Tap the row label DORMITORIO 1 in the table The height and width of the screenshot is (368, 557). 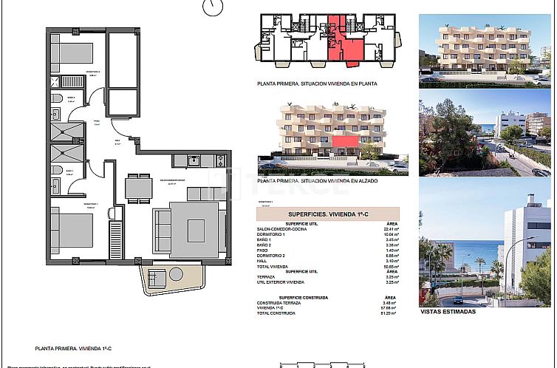click(272, 234)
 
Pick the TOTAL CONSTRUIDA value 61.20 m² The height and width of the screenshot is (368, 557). click(392, 314)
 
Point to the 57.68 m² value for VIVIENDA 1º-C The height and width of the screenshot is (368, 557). click(392, 309)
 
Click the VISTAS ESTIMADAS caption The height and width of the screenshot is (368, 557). click(448, 312)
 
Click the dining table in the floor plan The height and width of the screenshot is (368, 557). click(138, 186)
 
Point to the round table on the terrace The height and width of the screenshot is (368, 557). click(156, 279)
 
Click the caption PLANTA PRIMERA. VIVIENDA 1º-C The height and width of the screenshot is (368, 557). click(72, 347)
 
